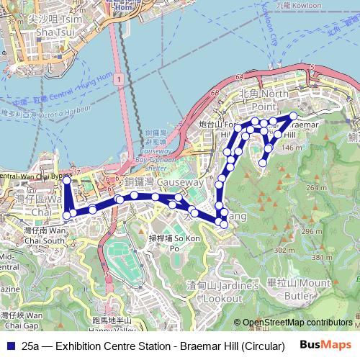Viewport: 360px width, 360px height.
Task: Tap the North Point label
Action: click(265, 94)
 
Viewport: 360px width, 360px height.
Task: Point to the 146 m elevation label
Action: click(292, 148)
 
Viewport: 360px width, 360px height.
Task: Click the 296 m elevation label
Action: click(312, 231)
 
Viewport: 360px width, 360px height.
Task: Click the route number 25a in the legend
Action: click(30, 346)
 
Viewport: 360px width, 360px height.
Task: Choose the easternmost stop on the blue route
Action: click(293, 116)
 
